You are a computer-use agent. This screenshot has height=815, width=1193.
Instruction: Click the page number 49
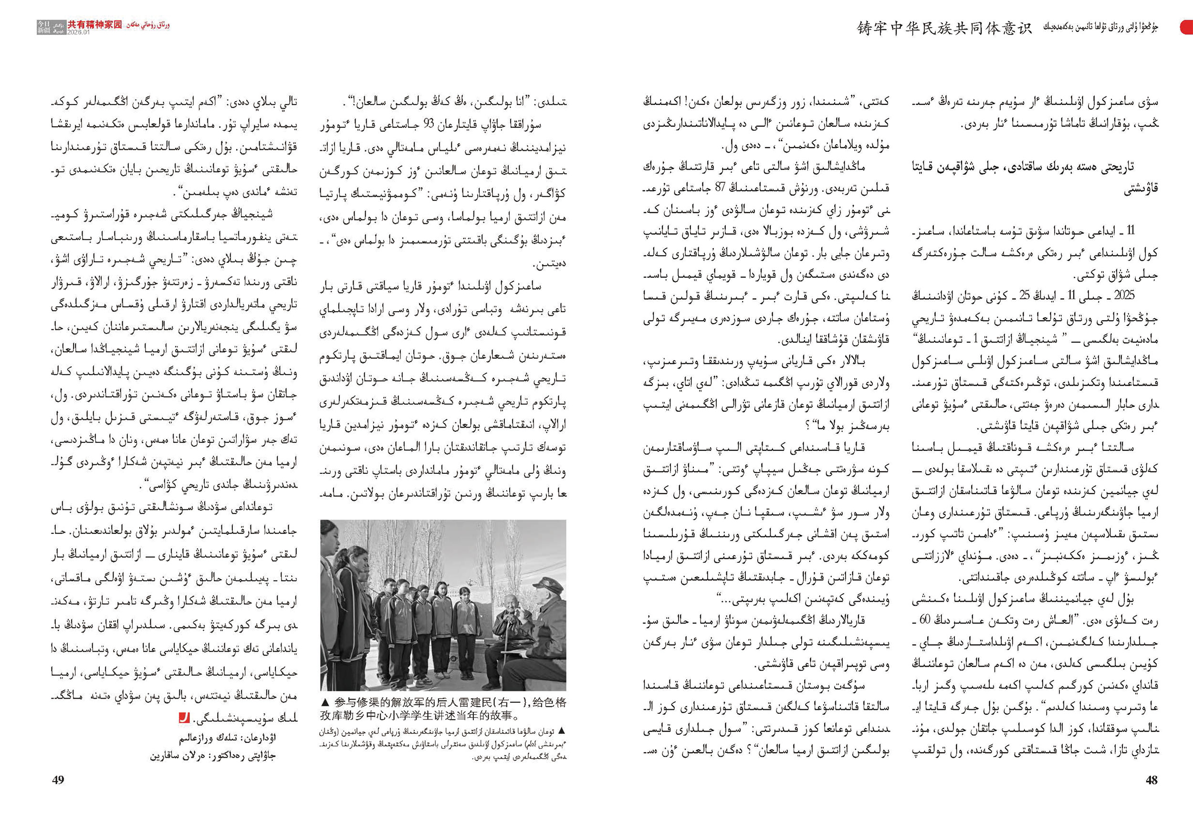(x=58, y=780)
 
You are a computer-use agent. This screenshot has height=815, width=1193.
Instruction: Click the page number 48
(x=1151, y=780)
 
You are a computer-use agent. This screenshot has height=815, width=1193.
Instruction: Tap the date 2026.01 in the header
(x=79, y=32)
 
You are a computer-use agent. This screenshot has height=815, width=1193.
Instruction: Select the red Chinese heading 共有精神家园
(x=95, y=24)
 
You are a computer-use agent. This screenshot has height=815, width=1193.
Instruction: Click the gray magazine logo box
(x=44, y=27)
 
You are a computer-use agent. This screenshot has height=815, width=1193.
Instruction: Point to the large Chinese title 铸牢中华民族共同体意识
(x=944, y=28)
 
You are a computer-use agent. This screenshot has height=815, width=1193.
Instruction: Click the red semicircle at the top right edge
(x=1188, y=27)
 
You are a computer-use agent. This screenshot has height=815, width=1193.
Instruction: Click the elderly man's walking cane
(x=505, y=652)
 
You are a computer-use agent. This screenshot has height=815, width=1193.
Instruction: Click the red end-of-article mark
(x=184, y=718)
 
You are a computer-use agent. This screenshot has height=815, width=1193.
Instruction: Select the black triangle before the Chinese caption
(x=324, y=702)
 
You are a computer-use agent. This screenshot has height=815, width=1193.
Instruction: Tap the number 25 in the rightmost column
(x=1024, y=296)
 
